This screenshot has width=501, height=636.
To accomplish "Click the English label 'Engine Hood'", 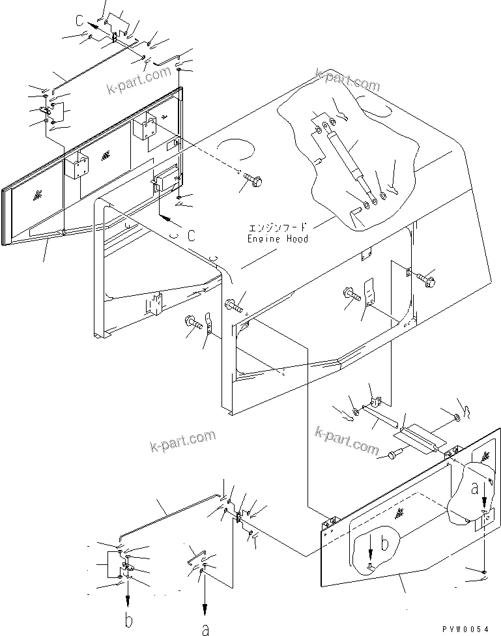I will (x=277, y=239).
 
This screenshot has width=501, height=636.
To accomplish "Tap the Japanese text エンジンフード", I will (x=277, y=229).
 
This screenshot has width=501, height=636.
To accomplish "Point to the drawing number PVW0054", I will (x=465, y=628).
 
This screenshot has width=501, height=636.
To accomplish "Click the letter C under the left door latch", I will (x=192, y=236).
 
